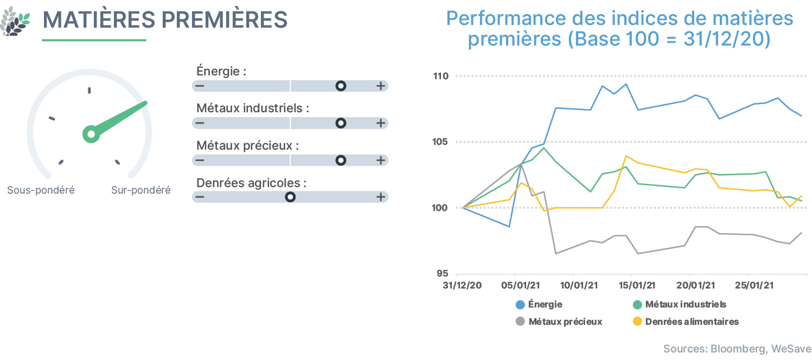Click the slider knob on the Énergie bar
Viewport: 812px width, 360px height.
tap(341, 86)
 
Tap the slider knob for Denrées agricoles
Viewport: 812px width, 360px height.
tap(290, 197)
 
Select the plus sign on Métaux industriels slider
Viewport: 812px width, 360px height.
tap(381, 123)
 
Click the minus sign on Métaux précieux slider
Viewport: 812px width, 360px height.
tap(200, 160)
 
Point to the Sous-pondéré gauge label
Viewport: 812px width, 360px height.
tap(41, 190)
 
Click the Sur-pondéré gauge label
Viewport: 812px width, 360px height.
tap(140, 190)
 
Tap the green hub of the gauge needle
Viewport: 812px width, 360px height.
tap(91, 134)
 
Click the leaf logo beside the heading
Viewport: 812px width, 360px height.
tap(15, 21)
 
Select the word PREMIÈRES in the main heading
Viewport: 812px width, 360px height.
tap(225, 20)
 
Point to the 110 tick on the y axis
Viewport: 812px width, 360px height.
tap(441, 76)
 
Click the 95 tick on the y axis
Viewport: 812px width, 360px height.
tap(442, 273)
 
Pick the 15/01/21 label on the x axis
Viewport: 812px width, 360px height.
tap(637, 285)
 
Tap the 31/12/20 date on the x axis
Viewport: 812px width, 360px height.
tap(462, 285)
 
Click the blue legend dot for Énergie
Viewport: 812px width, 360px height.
tap(520, 305)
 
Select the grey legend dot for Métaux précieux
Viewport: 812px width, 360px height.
tap(520, 322)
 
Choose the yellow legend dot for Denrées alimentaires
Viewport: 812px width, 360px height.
tap(637, 322)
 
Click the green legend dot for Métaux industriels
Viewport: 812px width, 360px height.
tap(637, 305)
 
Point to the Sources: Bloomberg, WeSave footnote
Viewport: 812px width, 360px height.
tap(737, 349)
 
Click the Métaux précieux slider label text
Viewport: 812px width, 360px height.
tap(247, 146)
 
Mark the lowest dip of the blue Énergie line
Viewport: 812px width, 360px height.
tap(509, 227)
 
